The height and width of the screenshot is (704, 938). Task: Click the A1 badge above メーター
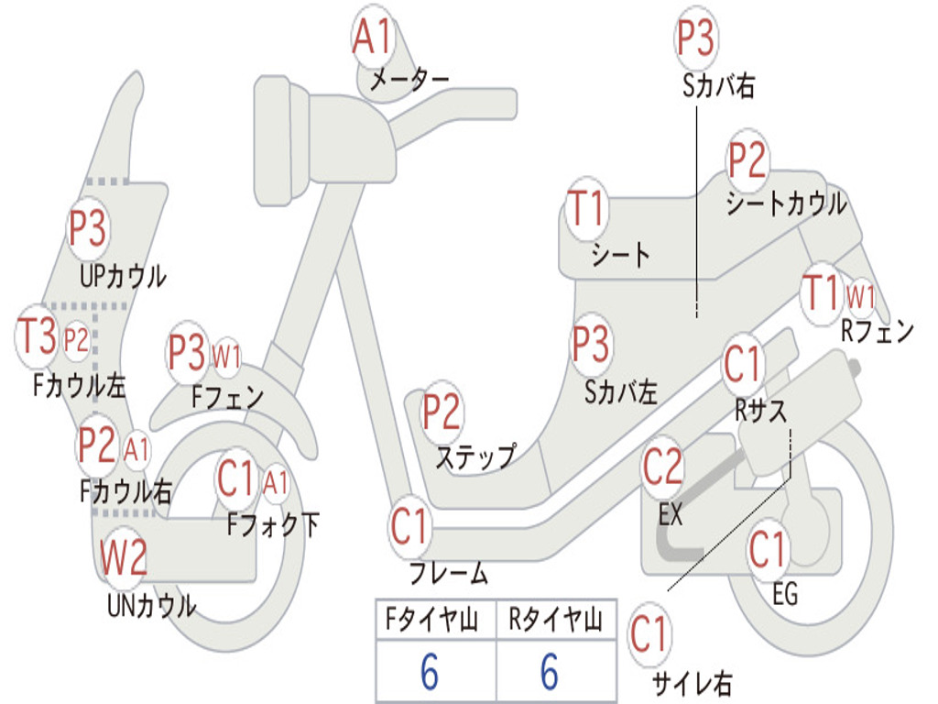[374, 37]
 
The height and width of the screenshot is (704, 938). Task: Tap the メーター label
[409, 79]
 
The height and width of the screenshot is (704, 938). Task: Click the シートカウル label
[786, 203]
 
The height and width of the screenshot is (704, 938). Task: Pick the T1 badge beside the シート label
[587, 208]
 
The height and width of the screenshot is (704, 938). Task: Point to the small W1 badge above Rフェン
[859, 296]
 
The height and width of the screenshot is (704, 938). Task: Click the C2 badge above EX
[663, 467]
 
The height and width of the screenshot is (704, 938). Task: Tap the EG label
[785, 594]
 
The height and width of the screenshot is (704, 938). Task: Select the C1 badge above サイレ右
[649, 634]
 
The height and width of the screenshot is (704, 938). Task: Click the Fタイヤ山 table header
[432, 620]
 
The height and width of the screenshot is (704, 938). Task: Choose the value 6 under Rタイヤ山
[550, 672]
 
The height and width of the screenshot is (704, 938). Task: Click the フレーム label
[449, 574]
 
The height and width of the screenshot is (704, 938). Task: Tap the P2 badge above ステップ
[442, 412]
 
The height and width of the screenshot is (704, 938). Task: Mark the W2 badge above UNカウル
[123, 557]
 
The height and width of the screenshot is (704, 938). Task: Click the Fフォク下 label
[273, 525]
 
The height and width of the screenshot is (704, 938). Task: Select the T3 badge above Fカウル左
[37, 335]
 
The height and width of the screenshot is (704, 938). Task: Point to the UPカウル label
[124, 277]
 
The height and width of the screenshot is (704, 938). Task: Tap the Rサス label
[761, 411]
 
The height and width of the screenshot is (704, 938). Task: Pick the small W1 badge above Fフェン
[227, 357]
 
